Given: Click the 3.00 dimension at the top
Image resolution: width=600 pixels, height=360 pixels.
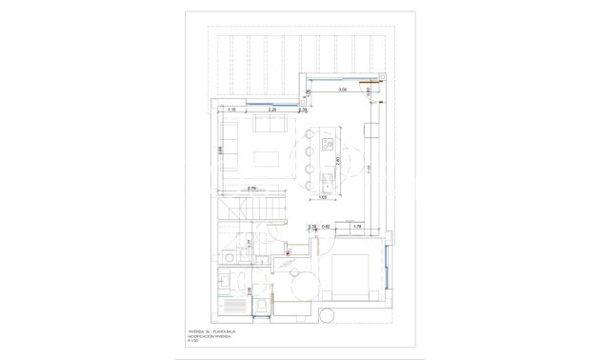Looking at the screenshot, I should (342, 90).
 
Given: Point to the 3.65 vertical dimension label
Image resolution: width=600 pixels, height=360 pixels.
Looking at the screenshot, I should (220, 150).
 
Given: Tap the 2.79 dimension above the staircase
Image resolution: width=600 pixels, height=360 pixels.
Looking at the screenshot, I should (252, 189).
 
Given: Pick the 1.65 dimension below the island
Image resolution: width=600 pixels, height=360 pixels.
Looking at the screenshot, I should (324, 197).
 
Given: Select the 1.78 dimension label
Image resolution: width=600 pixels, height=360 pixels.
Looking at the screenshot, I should (357, 226).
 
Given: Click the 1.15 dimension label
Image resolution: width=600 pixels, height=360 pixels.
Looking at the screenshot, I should (231, 110).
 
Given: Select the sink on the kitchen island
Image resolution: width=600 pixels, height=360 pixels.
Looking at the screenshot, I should (325, 170).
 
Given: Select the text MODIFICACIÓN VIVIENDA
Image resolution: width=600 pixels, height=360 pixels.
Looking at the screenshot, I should (215, 335).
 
